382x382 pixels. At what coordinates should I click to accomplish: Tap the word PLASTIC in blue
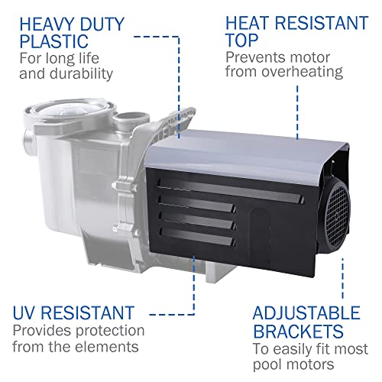tap(54, 41)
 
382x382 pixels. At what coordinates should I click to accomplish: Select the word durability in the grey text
tap(81, 74)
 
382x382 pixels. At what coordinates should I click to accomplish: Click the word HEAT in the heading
tap(248, 23)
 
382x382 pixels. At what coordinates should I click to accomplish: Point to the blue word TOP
tap(242, 40)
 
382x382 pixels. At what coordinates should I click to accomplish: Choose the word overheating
tap(302, 72)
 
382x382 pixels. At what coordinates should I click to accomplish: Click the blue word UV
tap(24, 312)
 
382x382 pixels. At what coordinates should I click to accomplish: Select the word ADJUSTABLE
tap(306, 312)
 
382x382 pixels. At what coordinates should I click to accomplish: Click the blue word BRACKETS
tap(298, 331)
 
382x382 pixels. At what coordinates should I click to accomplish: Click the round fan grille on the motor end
tap(337, 217)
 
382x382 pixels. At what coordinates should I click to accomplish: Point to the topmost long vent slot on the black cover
tap(230, 189)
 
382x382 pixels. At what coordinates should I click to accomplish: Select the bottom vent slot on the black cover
tap(196, 237)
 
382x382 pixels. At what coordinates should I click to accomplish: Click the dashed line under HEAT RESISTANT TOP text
tap(297, 112)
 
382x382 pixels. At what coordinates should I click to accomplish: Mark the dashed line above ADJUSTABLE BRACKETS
tap(342, 278)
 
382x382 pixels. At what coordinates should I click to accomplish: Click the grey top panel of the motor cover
tap(242, 153)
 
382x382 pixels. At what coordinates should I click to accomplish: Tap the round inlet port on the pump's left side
tap(28, 139)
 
